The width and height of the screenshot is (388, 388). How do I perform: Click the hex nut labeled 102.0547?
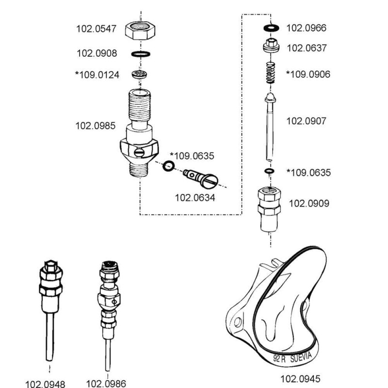tap(140, 32)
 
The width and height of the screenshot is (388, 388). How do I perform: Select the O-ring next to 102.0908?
tap(140, 54)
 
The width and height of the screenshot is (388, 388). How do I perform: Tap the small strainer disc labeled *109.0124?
tap(140, 74)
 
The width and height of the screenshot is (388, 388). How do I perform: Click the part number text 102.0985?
tap(95, 126)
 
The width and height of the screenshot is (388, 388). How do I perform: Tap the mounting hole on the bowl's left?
tap(237, 322)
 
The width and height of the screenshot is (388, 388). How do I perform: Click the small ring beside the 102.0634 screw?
tap(168, 166)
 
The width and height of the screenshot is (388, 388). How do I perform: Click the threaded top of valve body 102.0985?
tap(140, 104)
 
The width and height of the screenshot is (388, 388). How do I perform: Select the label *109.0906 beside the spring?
tap(308, 74)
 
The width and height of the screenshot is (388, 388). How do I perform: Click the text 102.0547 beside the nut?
tap(96, 29)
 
